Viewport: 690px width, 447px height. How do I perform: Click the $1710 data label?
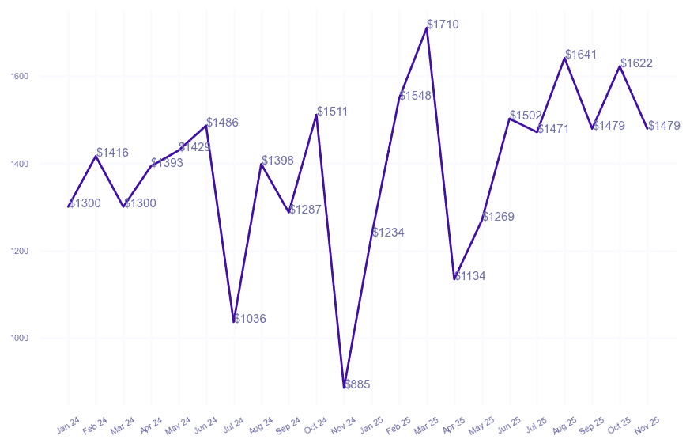443,25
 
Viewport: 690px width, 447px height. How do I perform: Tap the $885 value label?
357,384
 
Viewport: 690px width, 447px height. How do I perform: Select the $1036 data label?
250,319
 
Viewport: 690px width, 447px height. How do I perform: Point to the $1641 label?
581,55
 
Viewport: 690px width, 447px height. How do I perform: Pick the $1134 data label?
470,276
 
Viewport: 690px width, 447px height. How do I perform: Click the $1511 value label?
333,112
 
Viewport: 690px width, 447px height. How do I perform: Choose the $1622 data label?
636,63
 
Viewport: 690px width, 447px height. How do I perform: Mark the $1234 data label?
388,233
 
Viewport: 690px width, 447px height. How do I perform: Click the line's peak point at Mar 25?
427,28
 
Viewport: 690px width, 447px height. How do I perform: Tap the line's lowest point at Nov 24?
344,388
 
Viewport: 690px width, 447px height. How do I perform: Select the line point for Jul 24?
234,322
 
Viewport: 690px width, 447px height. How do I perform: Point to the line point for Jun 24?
206,126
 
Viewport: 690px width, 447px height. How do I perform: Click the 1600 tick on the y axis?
20,77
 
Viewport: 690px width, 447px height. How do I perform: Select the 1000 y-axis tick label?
20,339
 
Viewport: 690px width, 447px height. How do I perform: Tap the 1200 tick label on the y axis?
20,252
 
